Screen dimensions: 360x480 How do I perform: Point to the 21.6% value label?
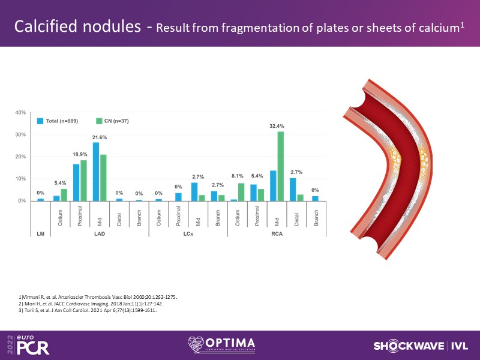[100, 137]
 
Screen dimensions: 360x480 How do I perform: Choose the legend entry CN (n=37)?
[112, 121]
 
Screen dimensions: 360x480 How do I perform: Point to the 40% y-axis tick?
[20, 112]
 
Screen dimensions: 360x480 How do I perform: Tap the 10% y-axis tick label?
[20, 179]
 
